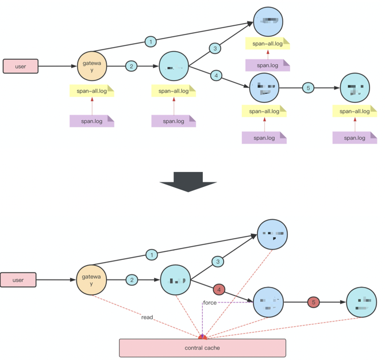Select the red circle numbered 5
tap(313, 301)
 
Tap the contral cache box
tap(202, 348)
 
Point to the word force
tap(210, 302)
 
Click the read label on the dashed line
tap(148, 317)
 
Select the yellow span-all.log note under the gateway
tap(92, 90)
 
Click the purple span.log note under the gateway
tap(92, 121)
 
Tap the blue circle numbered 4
tap(216, 75)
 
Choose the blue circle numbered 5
tap(309, 88)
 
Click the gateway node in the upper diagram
tap(93, 67)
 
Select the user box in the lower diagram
tap(18, 280)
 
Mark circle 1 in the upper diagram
tap(151, 41)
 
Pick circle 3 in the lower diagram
tap(218, 262)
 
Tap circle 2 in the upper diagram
tap(131, 67)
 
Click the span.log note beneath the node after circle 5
tap(355, 137)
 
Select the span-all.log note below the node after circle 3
tap(267, 44)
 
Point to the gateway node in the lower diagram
tap(92, 280)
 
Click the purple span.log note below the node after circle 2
tap(174, 121)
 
